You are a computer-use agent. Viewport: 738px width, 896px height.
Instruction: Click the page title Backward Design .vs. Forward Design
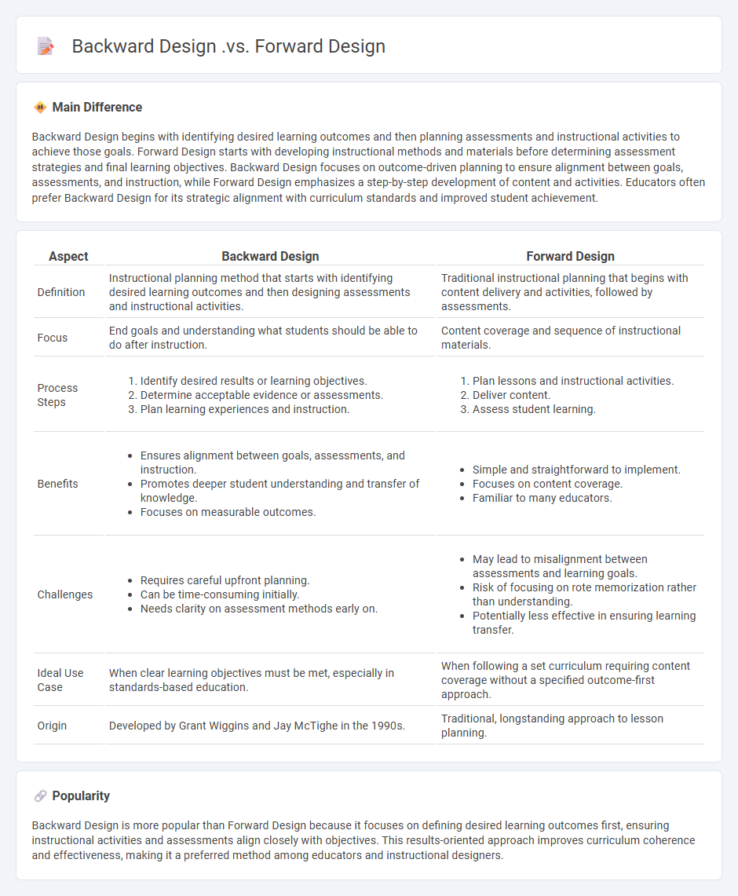click(228, 46)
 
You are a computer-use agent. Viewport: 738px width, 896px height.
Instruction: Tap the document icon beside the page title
click(46, 46)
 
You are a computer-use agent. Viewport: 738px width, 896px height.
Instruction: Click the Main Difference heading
click(97, 107)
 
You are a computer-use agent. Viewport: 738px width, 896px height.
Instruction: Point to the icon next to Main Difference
click(39, 107)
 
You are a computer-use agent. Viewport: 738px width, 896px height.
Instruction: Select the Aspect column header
click(68, 256)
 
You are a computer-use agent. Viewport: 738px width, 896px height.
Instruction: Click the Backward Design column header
click(270, 256)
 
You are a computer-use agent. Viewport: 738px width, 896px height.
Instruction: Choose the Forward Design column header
click(570, 256)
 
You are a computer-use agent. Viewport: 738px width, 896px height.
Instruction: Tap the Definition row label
click(61, 292)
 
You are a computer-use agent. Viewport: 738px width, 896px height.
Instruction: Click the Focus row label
click(53, 338)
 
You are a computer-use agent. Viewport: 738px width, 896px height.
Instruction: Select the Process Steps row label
click(57, 395)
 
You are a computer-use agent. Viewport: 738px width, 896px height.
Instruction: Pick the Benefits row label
click(58, 484)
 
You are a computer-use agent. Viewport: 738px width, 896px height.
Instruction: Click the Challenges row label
click(64, 594)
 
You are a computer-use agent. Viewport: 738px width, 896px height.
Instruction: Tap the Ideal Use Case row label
click(61, 680)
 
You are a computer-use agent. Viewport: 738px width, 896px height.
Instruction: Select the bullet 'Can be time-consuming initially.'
click(220, 594)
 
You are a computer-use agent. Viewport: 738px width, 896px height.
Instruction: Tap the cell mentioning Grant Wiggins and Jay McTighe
click(257, 726)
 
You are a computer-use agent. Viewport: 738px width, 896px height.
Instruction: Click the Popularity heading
click(81, 795)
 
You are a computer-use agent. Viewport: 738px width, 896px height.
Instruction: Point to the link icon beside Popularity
click(39, 795)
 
